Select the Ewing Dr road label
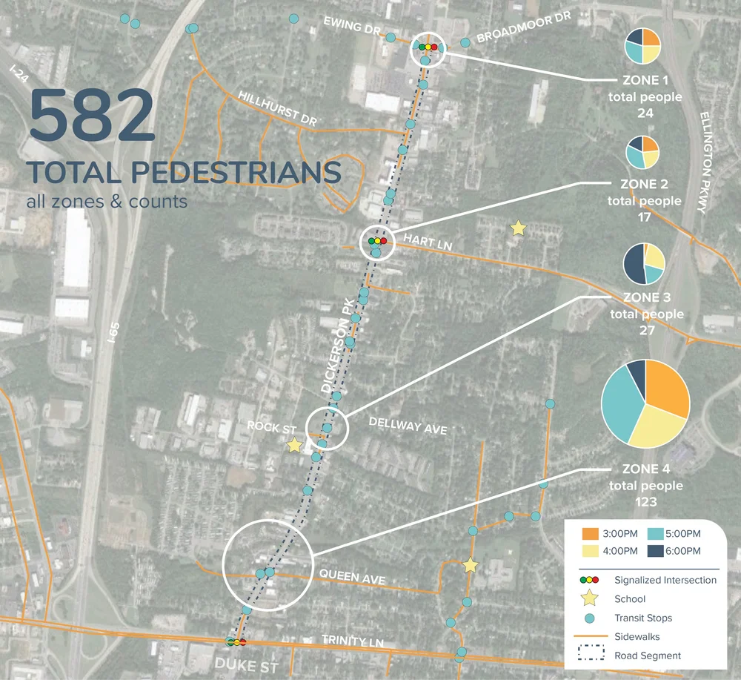click(352, 28)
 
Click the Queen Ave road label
click(352, 577)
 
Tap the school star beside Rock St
click(294, 445)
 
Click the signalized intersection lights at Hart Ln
click(377, 241)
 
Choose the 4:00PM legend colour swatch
click(591, 551)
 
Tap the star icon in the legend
click(590, 598)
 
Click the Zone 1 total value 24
click(644, 113)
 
